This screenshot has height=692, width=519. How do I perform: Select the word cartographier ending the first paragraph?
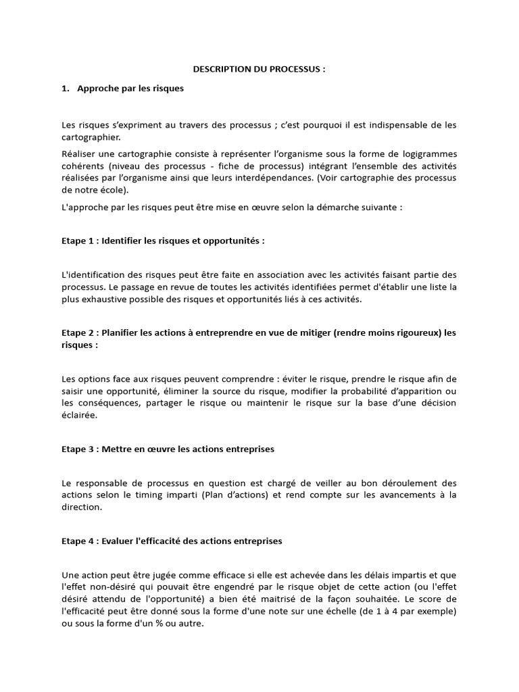pos(89,137)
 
